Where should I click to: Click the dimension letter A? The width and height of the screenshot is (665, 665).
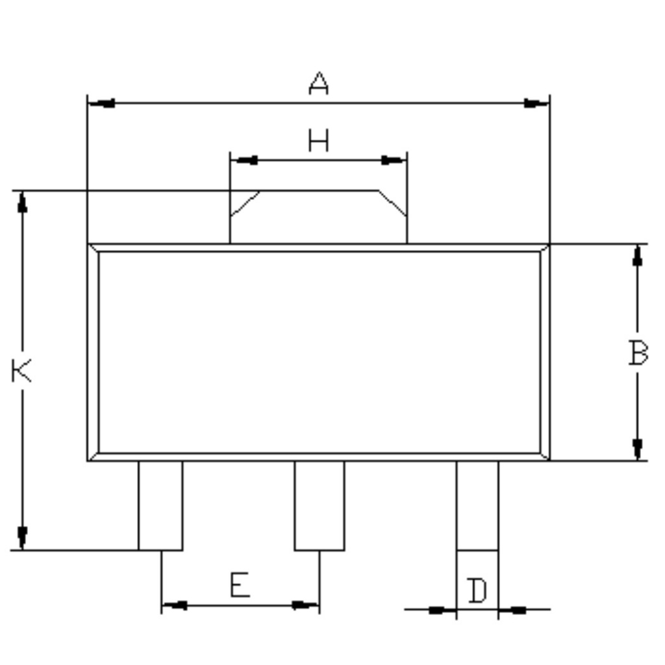click(x=318, y=83)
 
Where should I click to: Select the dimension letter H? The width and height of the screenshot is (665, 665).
click(x=318, y=140)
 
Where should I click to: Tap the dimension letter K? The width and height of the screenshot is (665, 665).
click(x=21, y=371)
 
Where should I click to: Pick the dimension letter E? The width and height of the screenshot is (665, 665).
click(x=240, y=584)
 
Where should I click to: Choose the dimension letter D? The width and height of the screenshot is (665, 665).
click(x=477, y=590)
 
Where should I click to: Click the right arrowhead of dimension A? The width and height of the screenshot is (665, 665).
click(x=536, y=103)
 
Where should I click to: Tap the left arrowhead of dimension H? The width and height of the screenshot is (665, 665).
click(x=244, y=160)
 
